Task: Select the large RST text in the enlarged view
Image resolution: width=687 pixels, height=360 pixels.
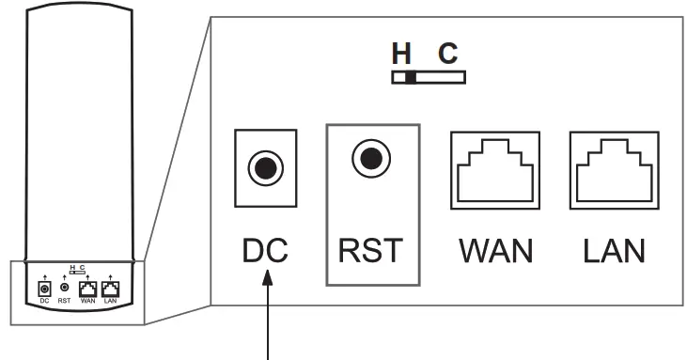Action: tap(372, 251)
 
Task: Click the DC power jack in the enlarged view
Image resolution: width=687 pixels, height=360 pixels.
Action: tap(266, 168)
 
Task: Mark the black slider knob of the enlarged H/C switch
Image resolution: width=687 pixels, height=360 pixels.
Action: tap(410, 78)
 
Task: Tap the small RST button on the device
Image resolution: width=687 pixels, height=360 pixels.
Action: tap(64, 286)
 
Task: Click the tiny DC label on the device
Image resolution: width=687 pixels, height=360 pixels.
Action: tap(42, 301)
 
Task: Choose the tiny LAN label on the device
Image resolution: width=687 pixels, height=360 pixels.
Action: tap(112, 301)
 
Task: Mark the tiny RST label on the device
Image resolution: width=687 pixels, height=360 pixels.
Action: tap(64, 301)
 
